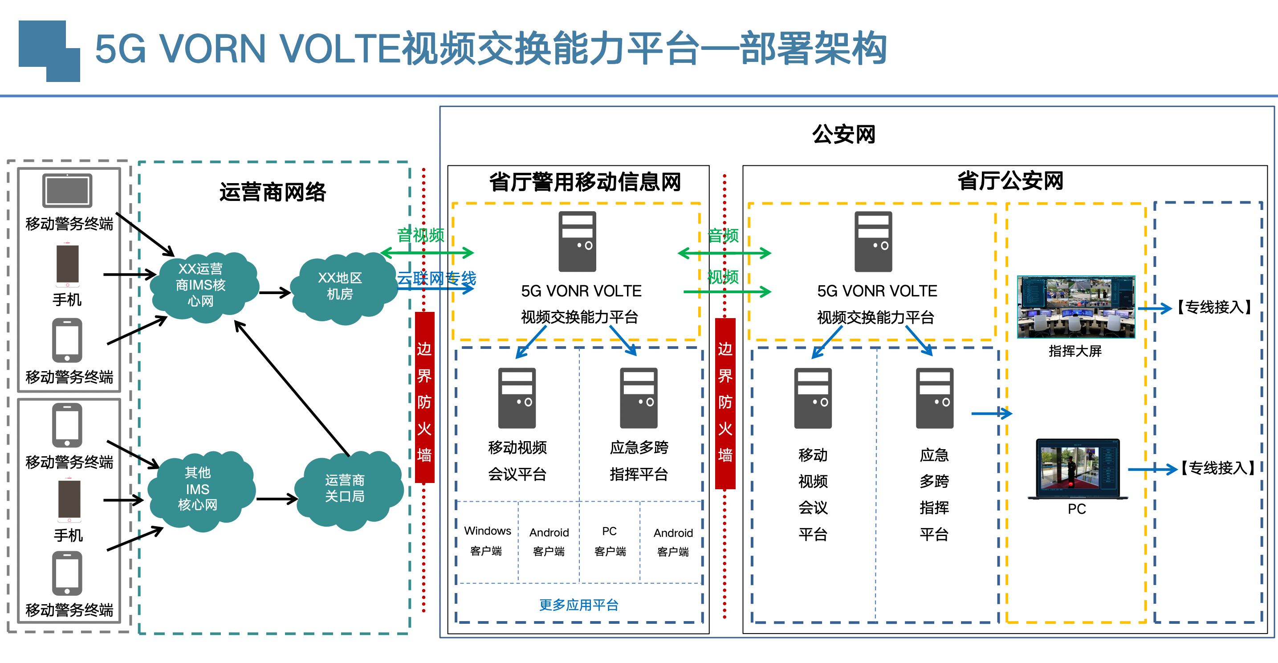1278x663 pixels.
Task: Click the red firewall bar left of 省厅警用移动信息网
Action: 424,397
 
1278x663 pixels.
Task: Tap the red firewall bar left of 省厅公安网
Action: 725,403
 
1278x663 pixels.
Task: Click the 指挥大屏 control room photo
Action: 1075,307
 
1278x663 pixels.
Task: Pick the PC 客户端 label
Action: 610,541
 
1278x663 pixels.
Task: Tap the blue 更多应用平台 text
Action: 578,605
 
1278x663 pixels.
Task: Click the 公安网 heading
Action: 843,135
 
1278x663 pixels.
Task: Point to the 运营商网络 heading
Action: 273,192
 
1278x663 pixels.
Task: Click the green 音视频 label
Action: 420,235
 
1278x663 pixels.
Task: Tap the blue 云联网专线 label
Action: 436,278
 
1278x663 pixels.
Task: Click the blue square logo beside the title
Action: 49,51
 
